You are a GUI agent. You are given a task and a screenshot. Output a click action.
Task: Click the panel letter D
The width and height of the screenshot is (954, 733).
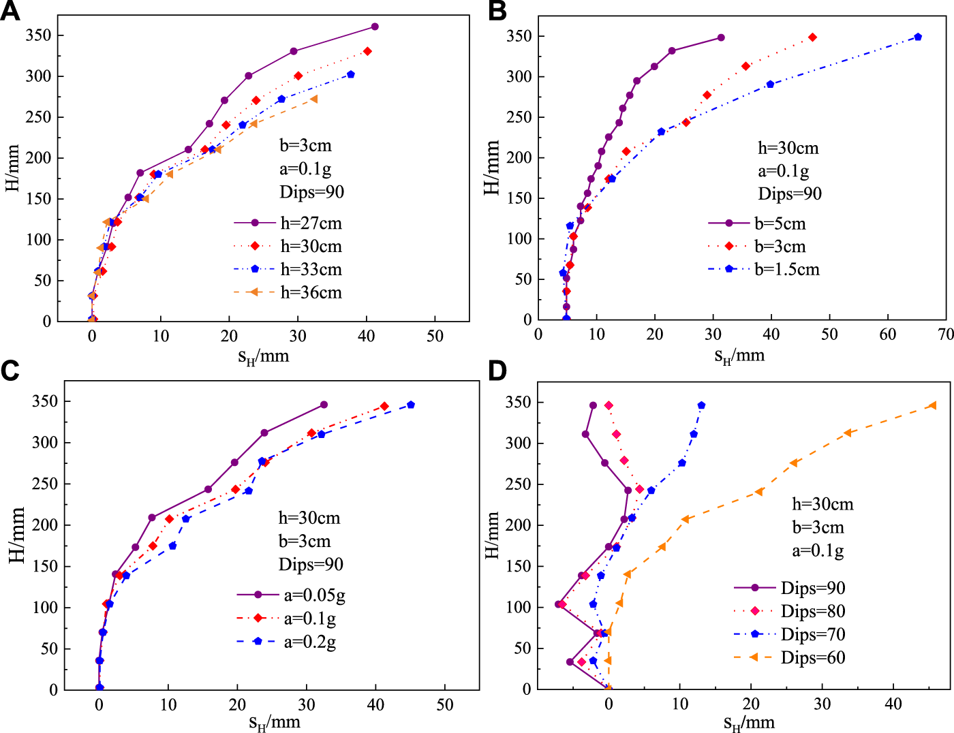click(x=497, y=371)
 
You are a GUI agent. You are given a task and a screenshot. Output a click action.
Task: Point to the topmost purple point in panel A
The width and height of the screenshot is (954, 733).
click(x=375, y=27)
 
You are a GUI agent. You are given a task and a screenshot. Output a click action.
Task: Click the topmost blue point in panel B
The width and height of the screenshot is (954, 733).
click(x=918, y=37)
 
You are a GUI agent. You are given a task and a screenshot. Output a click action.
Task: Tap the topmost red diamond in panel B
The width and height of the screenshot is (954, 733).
click(x=812, y=37)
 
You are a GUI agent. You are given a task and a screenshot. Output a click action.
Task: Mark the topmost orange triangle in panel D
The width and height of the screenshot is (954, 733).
click(x=932, y=405)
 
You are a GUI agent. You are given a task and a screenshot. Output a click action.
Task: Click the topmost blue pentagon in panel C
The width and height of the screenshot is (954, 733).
click(x=411, y=405)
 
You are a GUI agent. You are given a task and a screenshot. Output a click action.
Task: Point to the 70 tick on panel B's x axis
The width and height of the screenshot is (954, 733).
click(x=946, y=334)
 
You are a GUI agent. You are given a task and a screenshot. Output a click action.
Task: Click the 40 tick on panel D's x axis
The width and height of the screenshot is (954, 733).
click(x=893, y=704)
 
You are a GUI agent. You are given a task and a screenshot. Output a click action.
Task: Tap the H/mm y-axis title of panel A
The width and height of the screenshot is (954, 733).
click(x=12, y=168)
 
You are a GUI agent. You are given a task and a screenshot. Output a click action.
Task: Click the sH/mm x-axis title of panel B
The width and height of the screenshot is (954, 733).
click(x=739, y=356)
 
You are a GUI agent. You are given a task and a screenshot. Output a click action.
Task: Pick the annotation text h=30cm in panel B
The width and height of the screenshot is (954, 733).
click(x=788, y=148)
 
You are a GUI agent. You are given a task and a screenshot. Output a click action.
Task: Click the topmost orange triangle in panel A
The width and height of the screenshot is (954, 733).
click(x=313, y=99)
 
